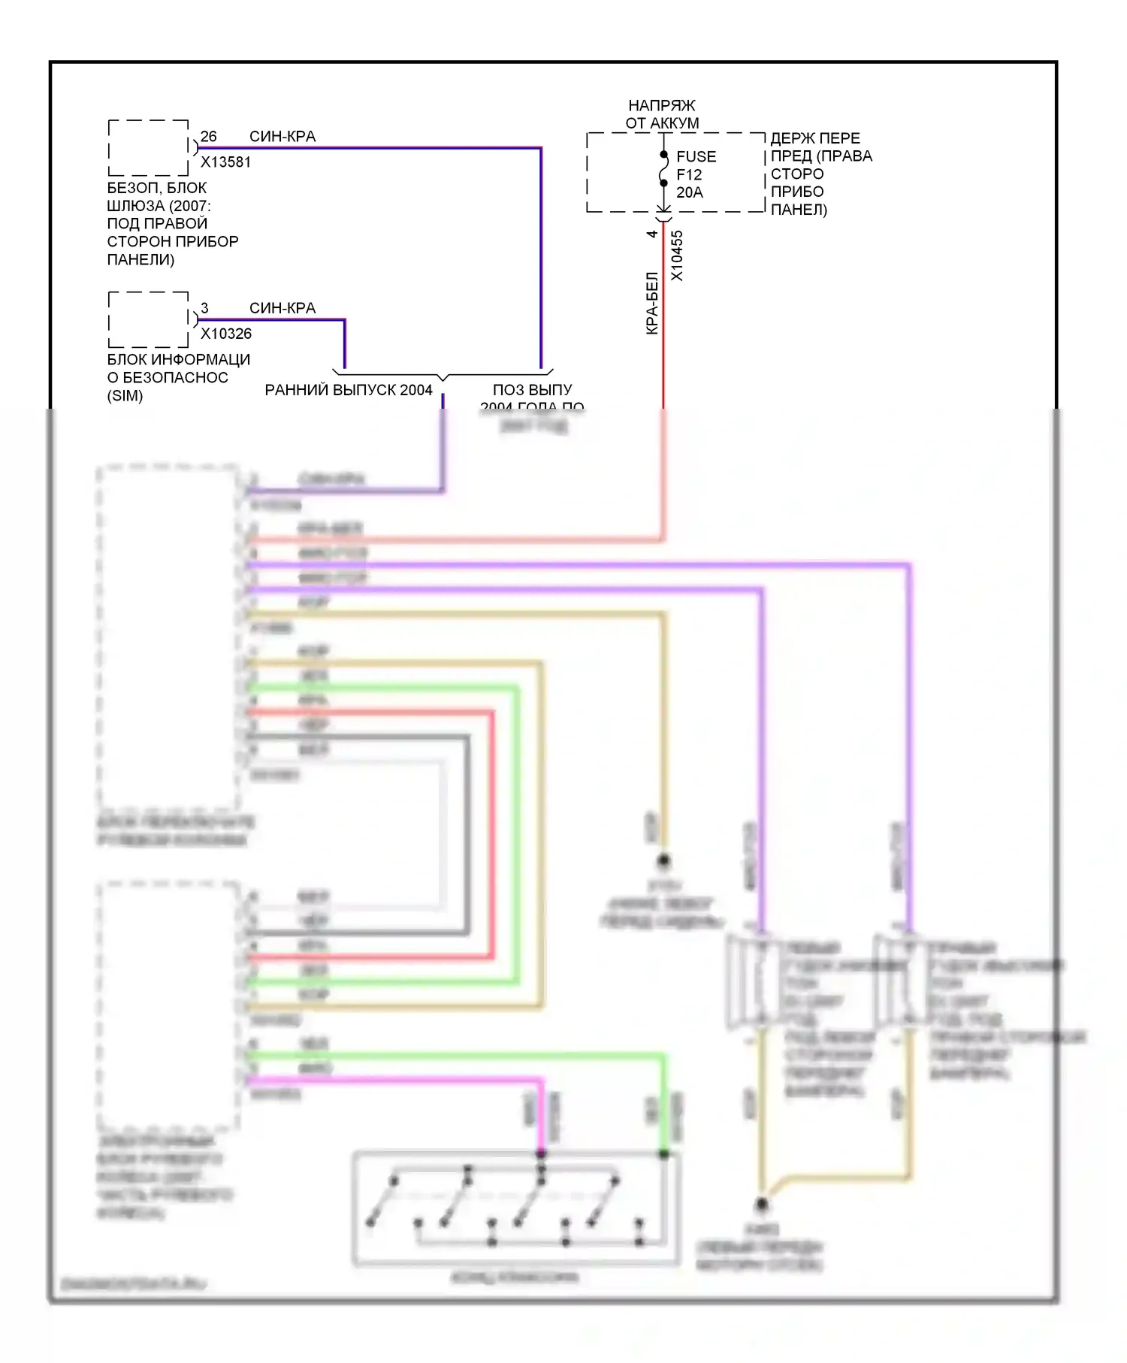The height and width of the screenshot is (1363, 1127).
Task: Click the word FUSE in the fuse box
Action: point(696,156)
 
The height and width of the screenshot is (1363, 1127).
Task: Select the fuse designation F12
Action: point(689,174)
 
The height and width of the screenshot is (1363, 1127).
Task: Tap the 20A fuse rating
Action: point(689,192)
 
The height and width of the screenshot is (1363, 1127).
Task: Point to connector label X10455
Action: point(677,255)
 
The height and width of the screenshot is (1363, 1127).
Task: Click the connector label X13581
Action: point(225,162)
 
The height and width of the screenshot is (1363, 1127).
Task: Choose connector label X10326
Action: point(225,334)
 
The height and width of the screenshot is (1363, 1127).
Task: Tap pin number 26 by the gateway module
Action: point(208,137)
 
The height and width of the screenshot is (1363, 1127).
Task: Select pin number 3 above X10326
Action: point(204,308)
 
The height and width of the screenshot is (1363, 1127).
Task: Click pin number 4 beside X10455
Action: point(652,234)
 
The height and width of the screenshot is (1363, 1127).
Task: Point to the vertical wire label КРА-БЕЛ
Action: point(652,303)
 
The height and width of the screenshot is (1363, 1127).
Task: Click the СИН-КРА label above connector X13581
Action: point(283,137)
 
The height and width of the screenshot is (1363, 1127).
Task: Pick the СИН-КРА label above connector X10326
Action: point(283,308)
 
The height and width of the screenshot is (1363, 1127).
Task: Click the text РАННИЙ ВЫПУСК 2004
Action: point(349,390)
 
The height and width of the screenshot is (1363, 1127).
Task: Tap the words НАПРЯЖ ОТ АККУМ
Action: point(662,114)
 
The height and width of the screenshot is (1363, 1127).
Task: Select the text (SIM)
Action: point(125,396)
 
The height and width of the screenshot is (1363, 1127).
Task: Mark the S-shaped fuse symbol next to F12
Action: point(663,174)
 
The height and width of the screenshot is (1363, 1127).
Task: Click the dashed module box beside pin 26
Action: point(148,147)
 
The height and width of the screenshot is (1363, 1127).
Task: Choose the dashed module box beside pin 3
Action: point(148,319)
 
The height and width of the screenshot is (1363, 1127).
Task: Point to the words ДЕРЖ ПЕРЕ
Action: point(815,138)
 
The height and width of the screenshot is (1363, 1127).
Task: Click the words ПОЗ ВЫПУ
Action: point(532,390)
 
